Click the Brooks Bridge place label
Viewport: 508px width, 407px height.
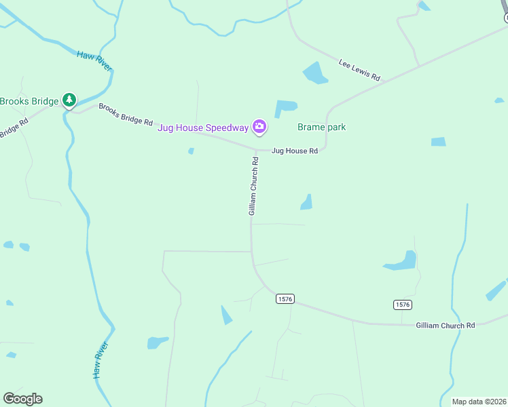29,102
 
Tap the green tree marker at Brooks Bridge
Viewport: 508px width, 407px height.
69,100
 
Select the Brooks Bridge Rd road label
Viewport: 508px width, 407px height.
126,114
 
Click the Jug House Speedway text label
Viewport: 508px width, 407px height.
203,128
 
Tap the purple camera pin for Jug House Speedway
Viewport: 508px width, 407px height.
259,126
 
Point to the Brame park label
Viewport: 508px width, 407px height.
322,127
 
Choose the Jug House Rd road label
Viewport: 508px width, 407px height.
295,151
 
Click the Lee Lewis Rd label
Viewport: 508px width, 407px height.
359,70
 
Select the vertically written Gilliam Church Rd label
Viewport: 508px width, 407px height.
254,187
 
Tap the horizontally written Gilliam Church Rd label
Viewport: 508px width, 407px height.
446,326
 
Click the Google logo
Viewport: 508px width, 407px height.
22,399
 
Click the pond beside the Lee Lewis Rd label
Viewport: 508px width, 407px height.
315,73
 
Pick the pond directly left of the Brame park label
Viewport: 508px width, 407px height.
285,109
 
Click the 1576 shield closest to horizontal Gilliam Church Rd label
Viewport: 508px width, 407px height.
402,305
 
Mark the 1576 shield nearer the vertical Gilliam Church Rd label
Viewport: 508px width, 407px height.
285,298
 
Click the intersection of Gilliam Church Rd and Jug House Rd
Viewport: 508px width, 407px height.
256,149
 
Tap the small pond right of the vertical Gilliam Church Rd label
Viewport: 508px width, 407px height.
307,202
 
